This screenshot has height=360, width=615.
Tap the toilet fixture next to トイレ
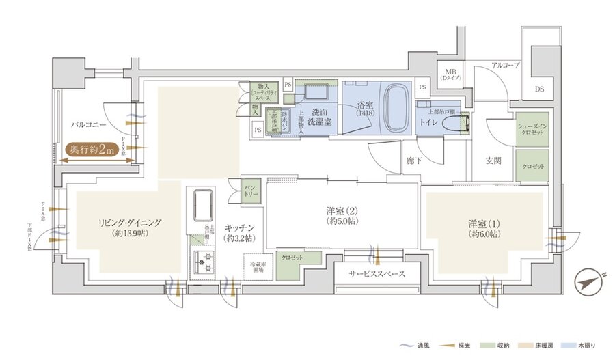click(454, 124)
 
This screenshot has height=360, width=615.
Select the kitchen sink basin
click(204, 204)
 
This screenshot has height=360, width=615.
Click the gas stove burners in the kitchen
click(203, 260)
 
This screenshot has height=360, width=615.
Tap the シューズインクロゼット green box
click(532, 129)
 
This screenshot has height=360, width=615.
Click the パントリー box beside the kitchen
click(250, 190)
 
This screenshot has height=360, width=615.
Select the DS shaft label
click(540, 89)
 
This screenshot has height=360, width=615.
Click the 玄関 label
click(493, 161)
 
